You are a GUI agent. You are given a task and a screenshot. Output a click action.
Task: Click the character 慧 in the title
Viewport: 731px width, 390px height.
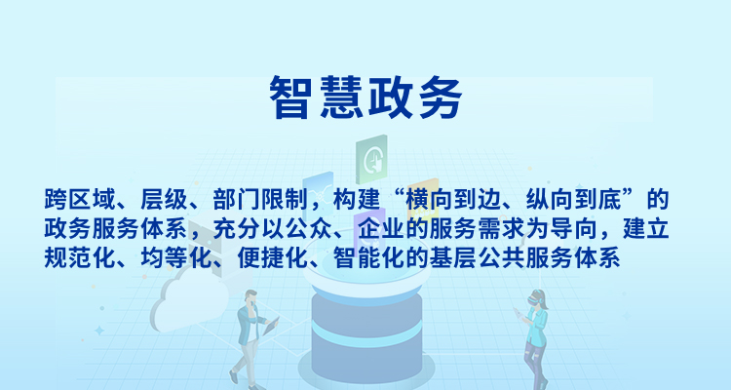[x=341, y=97]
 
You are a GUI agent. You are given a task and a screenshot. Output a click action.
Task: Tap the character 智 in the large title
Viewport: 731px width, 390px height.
[x=290, y=97]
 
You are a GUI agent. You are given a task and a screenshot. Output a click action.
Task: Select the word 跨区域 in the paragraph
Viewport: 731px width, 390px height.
[x=80, y=200]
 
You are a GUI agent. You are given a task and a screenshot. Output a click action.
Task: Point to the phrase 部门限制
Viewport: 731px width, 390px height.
[x=260, y=200]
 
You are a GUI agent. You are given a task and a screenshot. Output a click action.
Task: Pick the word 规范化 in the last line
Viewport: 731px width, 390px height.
[x=80, y=257]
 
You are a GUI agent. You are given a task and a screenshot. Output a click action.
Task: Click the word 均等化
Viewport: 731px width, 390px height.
[x=176, y=257]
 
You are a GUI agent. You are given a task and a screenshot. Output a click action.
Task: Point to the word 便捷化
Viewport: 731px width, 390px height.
[x=272, y=257]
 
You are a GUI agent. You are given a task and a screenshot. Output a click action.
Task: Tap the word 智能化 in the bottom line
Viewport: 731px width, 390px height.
[x=368, y=257]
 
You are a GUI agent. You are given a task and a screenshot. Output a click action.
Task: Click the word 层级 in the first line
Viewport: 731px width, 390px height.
[x=164, y=200]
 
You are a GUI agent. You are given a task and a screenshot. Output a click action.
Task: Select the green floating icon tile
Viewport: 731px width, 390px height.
[x=371, y=159]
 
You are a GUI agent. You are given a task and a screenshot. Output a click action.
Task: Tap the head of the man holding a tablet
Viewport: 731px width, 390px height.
[x=250, y=297]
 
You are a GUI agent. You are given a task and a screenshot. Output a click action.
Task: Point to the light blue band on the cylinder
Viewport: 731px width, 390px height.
[x=366, y=333]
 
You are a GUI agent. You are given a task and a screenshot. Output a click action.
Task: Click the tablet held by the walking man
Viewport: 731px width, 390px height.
[x=271, y=326]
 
